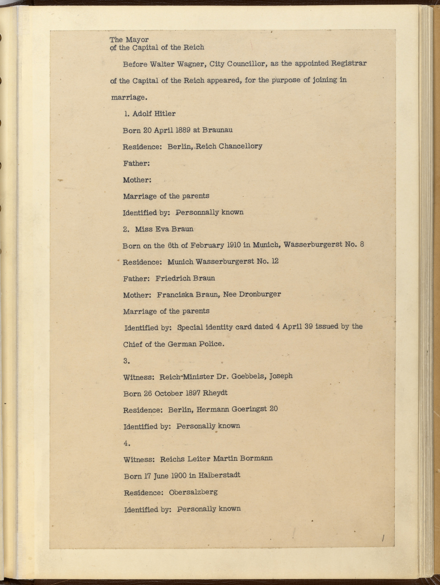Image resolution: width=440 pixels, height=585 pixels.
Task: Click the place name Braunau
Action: (x=217, y=130)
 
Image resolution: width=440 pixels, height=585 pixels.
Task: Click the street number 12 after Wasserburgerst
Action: (x=275, y=261)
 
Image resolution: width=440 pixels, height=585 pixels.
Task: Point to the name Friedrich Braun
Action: (x=185, y=278)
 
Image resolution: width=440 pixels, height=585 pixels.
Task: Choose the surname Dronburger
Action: (x=260, y=294)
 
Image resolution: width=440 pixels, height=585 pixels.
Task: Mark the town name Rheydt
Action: (x=215, y=393)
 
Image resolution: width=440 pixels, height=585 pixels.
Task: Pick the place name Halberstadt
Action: (x=219, y=475)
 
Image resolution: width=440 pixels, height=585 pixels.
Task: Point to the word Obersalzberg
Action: (x=193, y=492)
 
